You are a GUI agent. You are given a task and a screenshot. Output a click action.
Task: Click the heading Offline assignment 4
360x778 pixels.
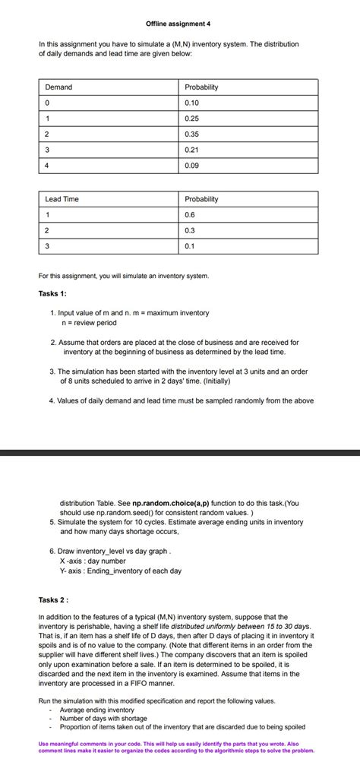(x=180, y=24)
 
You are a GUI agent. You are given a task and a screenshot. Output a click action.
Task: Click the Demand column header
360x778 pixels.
(x=58, y=87)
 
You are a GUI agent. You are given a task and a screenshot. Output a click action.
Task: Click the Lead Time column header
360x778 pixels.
(x=62, y=199)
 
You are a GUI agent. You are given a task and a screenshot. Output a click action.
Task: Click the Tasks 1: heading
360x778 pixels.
(x=52, y=293)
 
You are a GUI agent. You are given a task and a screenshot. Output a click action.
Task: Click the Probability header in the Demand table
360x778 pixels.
(x=201, y=87)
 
